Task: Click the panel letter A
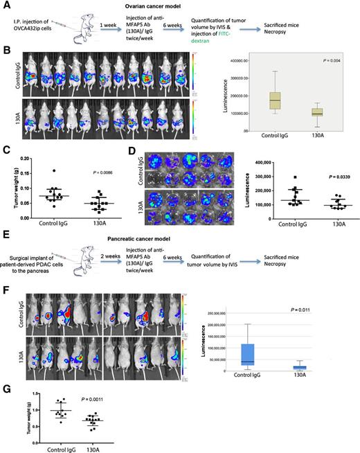click(6, 6)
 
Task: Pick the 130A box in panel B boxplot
click(298, 112)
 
